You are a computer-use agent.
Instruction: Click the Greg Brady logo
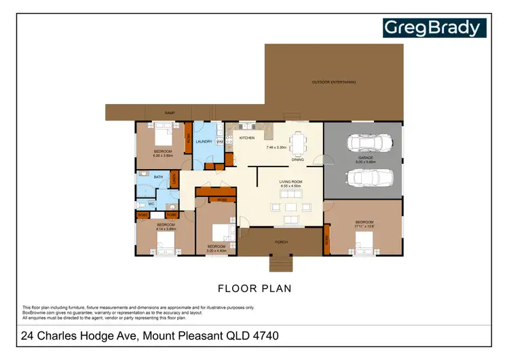coord(434,28)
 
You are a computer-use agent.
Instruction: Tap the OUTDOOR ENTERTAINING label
coord(333,82)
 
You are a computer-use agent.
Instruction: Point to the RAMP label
coord(170,113)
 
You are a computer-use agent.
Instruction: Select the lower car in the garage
coord(366,177)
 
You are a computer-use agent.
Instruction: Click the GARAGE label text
coord(366,158)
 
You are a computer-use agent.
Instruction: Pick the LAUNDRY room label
coord(204,142)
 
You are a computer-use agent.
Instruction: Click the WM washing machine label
coord(220,142)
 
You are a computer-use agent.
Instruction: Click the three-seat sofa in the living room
coord(293,219)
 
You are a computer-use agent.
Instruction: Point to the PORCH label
coord(282,241)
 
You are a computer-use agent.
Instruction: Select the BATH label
coord(158,177)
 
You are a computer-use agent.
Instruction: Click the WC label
coord(152,203)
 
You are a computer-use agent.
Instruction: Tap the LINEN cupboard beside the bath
coord(174,179)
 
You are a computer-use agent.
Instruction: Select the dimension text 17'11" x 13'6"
coord(364,226)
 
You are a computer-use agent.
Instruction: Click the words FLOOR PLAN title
coord(254,288)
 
